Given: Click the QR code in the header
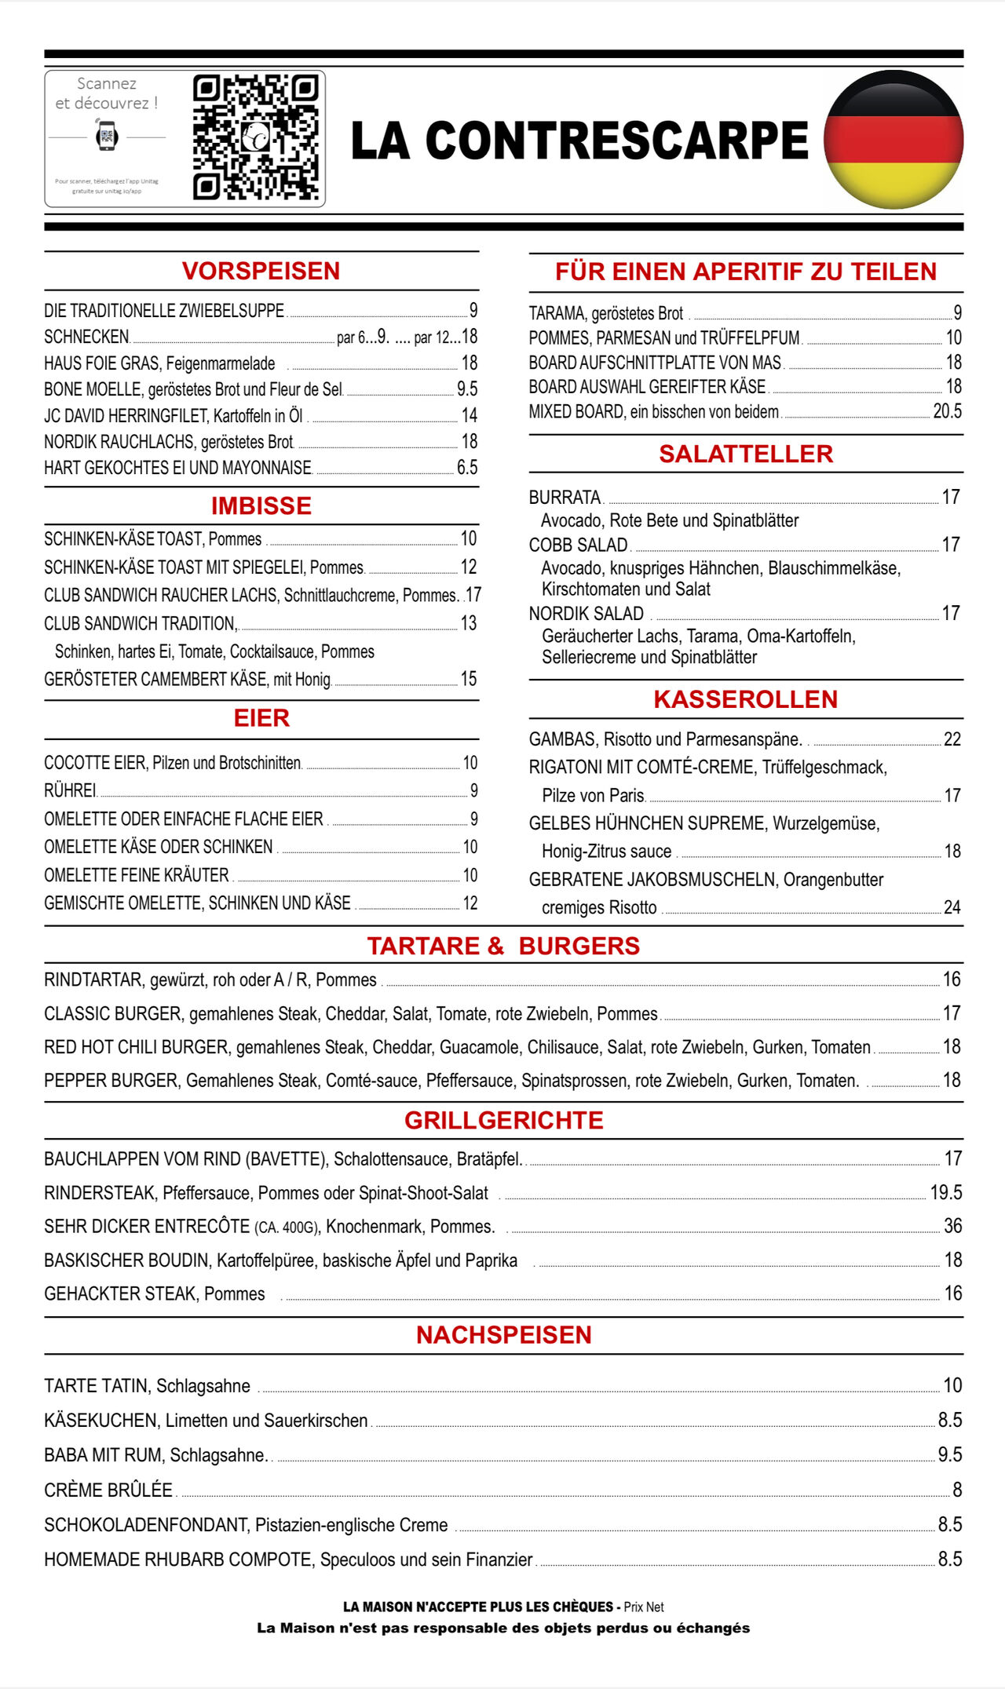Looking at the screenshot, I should tap(255, 137).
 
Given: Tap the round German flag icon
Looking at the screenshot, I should tap(894, 139).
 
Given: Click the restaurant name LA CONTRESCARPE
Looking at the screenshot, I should tap(579, 140).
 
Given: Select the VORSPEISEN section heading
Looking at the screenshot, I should tap(261, 271).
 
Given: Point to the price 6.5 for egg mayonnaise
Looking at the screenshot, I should tap(467, 468).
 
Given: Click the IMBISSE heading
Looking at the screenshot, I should tap(261, 506).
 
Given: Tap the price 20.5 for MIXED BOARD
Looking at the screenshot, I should tap(947, 411).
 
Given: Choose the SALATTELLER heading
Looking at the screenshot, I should tap(745, 454).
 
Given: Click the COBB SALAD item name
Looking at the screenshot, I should tap(578, 545).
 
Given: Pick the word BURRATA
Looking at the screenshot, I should tap(565, 498).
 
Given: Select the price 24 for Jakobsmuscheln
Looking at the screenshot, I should tap(952, 907).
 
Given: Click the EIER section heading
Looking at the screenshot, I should tap(261, 718).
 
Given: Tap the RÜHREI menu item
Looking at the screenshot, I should tap(70, 790).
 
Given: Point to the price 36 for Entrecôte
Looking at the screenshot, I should tap(952, 1226).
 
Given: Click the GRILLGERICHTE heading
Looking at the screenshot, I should tap(503, 1120).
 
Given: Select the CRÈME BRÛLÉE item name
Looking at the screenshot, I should tap(108, 1490).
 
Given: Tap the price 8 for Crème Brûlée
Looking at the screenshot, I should tap(957, 1490).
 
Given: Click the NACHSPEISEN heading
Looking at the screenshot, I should tap(503, 1335).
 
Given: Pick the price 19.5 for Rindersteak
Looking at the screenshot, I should tap(946, 1193).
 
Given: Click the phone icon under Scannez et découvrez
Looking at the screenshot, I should tap(107, 137).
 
